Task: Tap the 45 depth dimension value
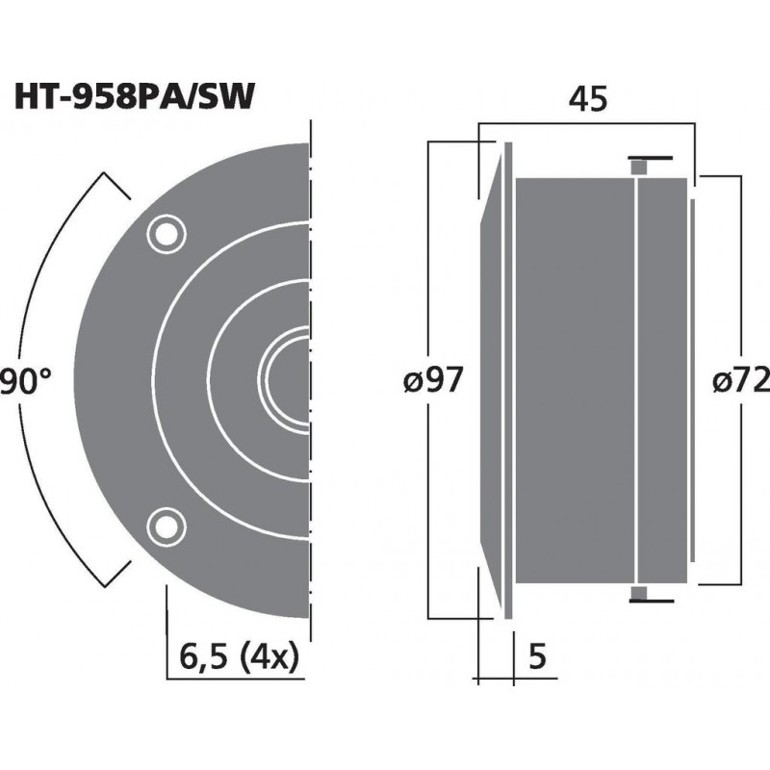coord(588,99)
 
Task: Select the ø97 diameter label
coord(433,382)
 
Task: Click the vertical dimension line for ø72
coord(740,289)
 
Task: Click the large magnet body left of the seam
coord(576,379)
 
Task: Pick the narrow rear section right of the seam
coord(662,379)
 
